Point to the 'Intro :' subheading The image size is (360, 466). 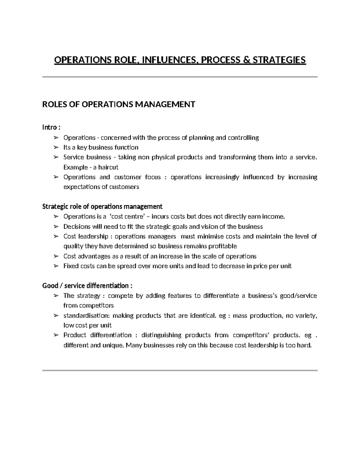click(51, 127)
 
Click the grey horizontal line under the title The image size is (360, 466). click(180, 77)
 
